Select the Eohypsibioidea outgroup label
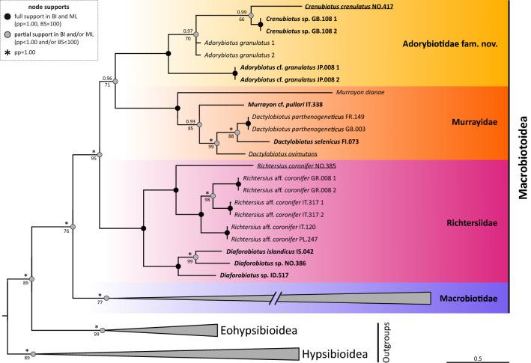(256, 329)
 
